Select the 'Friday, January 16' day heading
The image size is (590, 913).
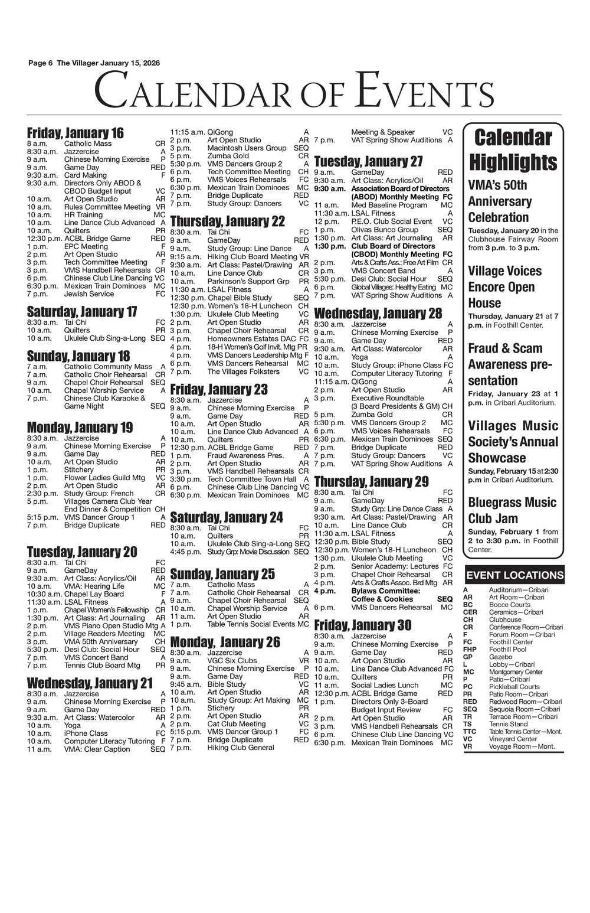click(76, 133)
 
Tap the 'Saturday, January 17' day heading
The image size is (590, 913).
click(82, 311)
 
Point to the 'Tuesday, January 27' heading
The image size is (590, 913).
click(368, 161)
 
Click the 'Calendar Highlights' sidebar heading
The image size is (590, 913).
click(513, 149)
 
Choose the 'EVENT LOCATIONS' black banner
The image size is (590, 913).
click(514, 575)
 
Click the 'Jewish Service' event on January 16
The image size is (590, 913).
click(89, 294)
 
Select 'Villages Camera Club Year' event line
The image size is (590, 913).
click(108, 501)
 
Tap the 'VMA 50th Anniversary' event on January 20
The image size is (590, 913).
click(101, 641)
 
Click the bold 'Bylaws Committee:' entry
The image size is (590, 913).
click(385, 591)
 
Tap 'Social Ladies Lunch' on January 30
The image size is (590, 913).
click(385, 685)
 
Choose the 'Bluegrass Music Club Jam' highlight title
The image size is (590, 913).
click(512, 510)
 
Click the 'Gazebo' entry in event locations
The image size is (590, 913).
click(500, 657)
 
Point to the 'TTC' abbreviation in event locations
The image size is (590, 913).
click(470, 731)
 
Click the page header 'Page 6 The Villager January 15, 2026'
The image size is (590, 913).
click(94, 63)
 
